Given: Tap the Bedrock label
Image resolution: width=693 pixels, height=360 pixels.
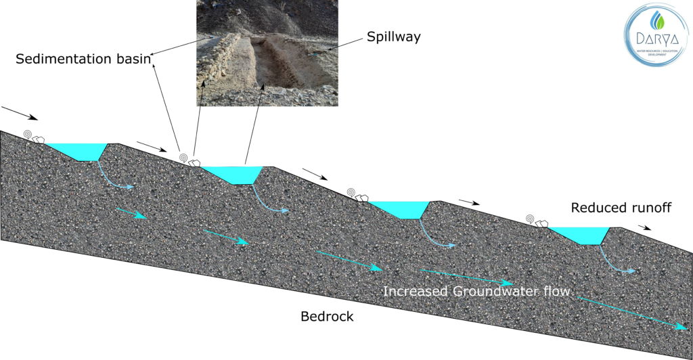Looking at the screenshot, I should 327,316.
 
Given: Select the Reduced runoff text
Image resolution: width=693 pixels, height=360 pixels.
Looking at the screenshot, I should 621,208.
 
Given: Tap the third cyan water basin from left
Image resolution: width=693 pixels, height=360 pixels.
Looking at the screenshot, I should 399,208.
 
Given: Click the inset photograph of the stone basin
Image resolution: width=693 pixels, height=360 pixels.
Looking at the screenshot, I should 267,53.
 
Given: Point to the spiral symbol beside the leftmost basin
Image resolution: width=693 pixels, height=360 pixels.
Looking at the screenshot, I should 28,135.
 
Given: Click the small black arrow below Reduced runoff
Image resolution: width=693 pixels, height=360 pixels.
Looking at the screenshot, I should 644,227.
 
